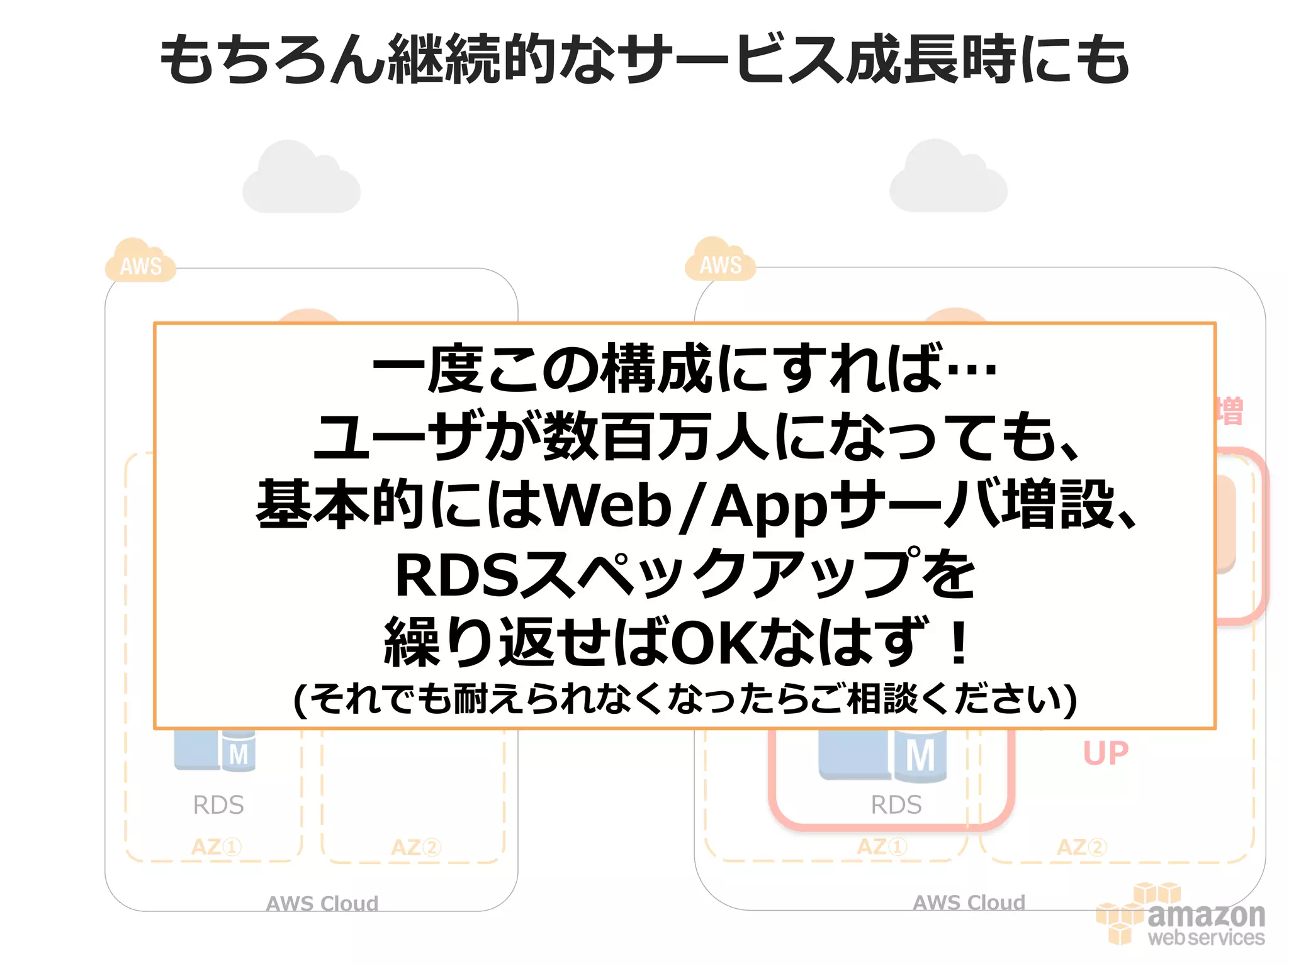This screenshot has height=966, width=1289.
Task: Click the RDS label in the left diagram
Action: point(218,804)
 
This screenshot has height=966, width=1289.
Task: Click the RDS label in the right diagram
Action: point(896,804)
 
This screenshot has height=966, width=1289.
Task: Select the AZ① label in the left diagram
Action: point(216,847)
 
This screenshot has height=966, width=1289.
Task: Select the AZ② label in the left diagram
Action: point(415,847)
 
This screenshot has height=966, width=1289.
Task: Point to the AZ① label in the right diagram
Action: point(881,847)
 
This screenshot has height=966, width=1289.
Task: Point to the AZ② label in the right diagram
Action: point(1081,847)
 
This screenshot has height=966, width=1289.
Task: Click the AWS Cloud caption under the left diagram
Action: point(322,903)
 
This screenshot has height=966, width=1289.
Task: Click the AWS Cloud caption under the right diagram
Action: point(969,902)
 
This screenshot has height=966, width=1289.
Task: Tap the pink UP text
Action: point(1105,753)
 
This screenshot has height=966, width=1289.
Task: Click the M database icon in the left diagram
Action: point(238,752)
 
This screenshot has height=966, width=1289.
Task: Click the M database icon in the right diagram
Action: point(919,755)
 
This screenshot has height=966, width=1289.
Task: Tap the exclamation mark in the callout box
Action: point(959,643)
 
